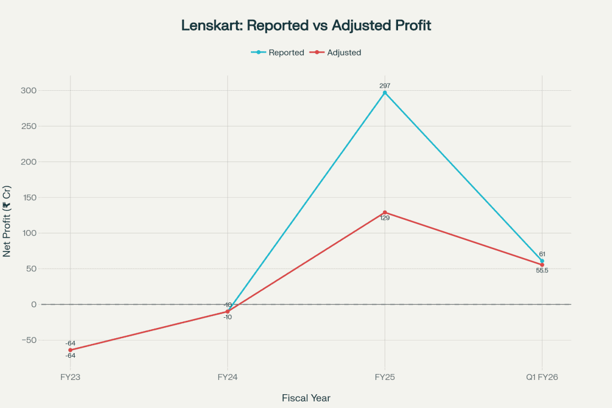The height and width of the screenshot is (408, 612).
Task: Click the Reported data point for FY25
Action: click(385, 93)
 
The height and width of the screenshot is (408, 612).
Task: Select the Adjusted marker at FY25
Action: click(385, 212)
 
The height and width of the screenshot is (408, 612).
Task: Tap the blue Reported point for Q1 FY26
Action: click(542, 261)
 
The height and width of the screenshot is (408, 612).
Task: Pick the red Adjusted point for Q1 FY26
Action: click(542, 265)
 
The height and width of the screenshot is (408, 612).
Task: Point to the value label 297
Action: click(385, 85)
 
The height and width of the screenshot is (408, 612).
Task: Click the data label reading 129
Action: click(385, 219)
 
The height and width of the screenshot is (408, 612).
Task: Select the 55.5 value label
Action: click(542, 271)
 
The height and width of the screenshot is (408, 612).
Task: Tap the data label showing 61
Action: click(542, 254)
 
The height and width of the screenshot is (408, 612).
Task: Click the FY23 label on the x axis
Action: click(70, 377)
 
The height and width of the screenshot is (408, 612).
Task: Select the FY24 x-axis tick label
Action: click(228, 377)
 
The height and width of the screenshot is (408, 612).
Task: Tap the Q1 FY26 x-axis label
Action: click(542, 377)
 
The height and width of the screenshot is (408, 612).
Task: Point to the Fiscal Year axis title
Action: click(306, 397)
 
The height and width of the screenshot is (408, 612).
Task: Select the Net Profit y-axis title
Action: click(8, 221)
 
